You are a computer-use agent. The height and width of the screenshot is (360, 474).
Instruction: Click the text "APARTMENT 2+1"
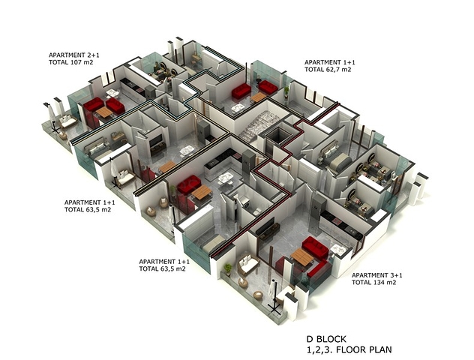(74, 55)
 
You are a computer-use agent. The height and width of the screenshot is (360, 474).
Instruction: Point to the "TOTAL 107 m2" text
(70, 62)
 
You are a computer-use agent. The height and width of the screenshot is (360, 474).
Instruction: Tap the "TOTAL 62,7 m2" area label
(328, 70)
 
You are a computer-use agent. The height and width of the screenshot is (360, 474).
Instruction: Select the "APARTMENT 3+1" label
(377, 275)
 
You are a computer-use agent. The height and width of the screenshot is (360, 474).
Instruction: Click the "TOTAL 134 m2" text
(374, 283)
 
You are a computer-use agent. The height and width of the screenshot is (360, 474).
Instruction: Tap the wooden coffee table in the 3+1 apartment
(302, 257)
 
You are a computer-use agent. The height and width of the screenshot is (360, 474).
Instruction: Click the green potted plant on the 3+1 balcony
(228, 269)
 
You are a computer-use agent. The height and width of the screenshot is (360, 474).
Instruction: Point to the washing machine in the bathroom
(245, 202)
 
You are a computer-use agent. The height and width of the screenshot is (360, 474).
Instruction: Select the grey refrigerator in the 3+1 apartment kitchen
(318, 208)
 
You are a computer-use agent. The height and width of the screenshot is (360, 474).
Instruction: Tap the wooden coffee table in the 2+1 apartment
(104, 112)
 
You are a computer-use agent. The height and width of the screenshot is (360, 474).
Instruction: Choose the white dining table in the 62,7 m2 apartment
(238, 108)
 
